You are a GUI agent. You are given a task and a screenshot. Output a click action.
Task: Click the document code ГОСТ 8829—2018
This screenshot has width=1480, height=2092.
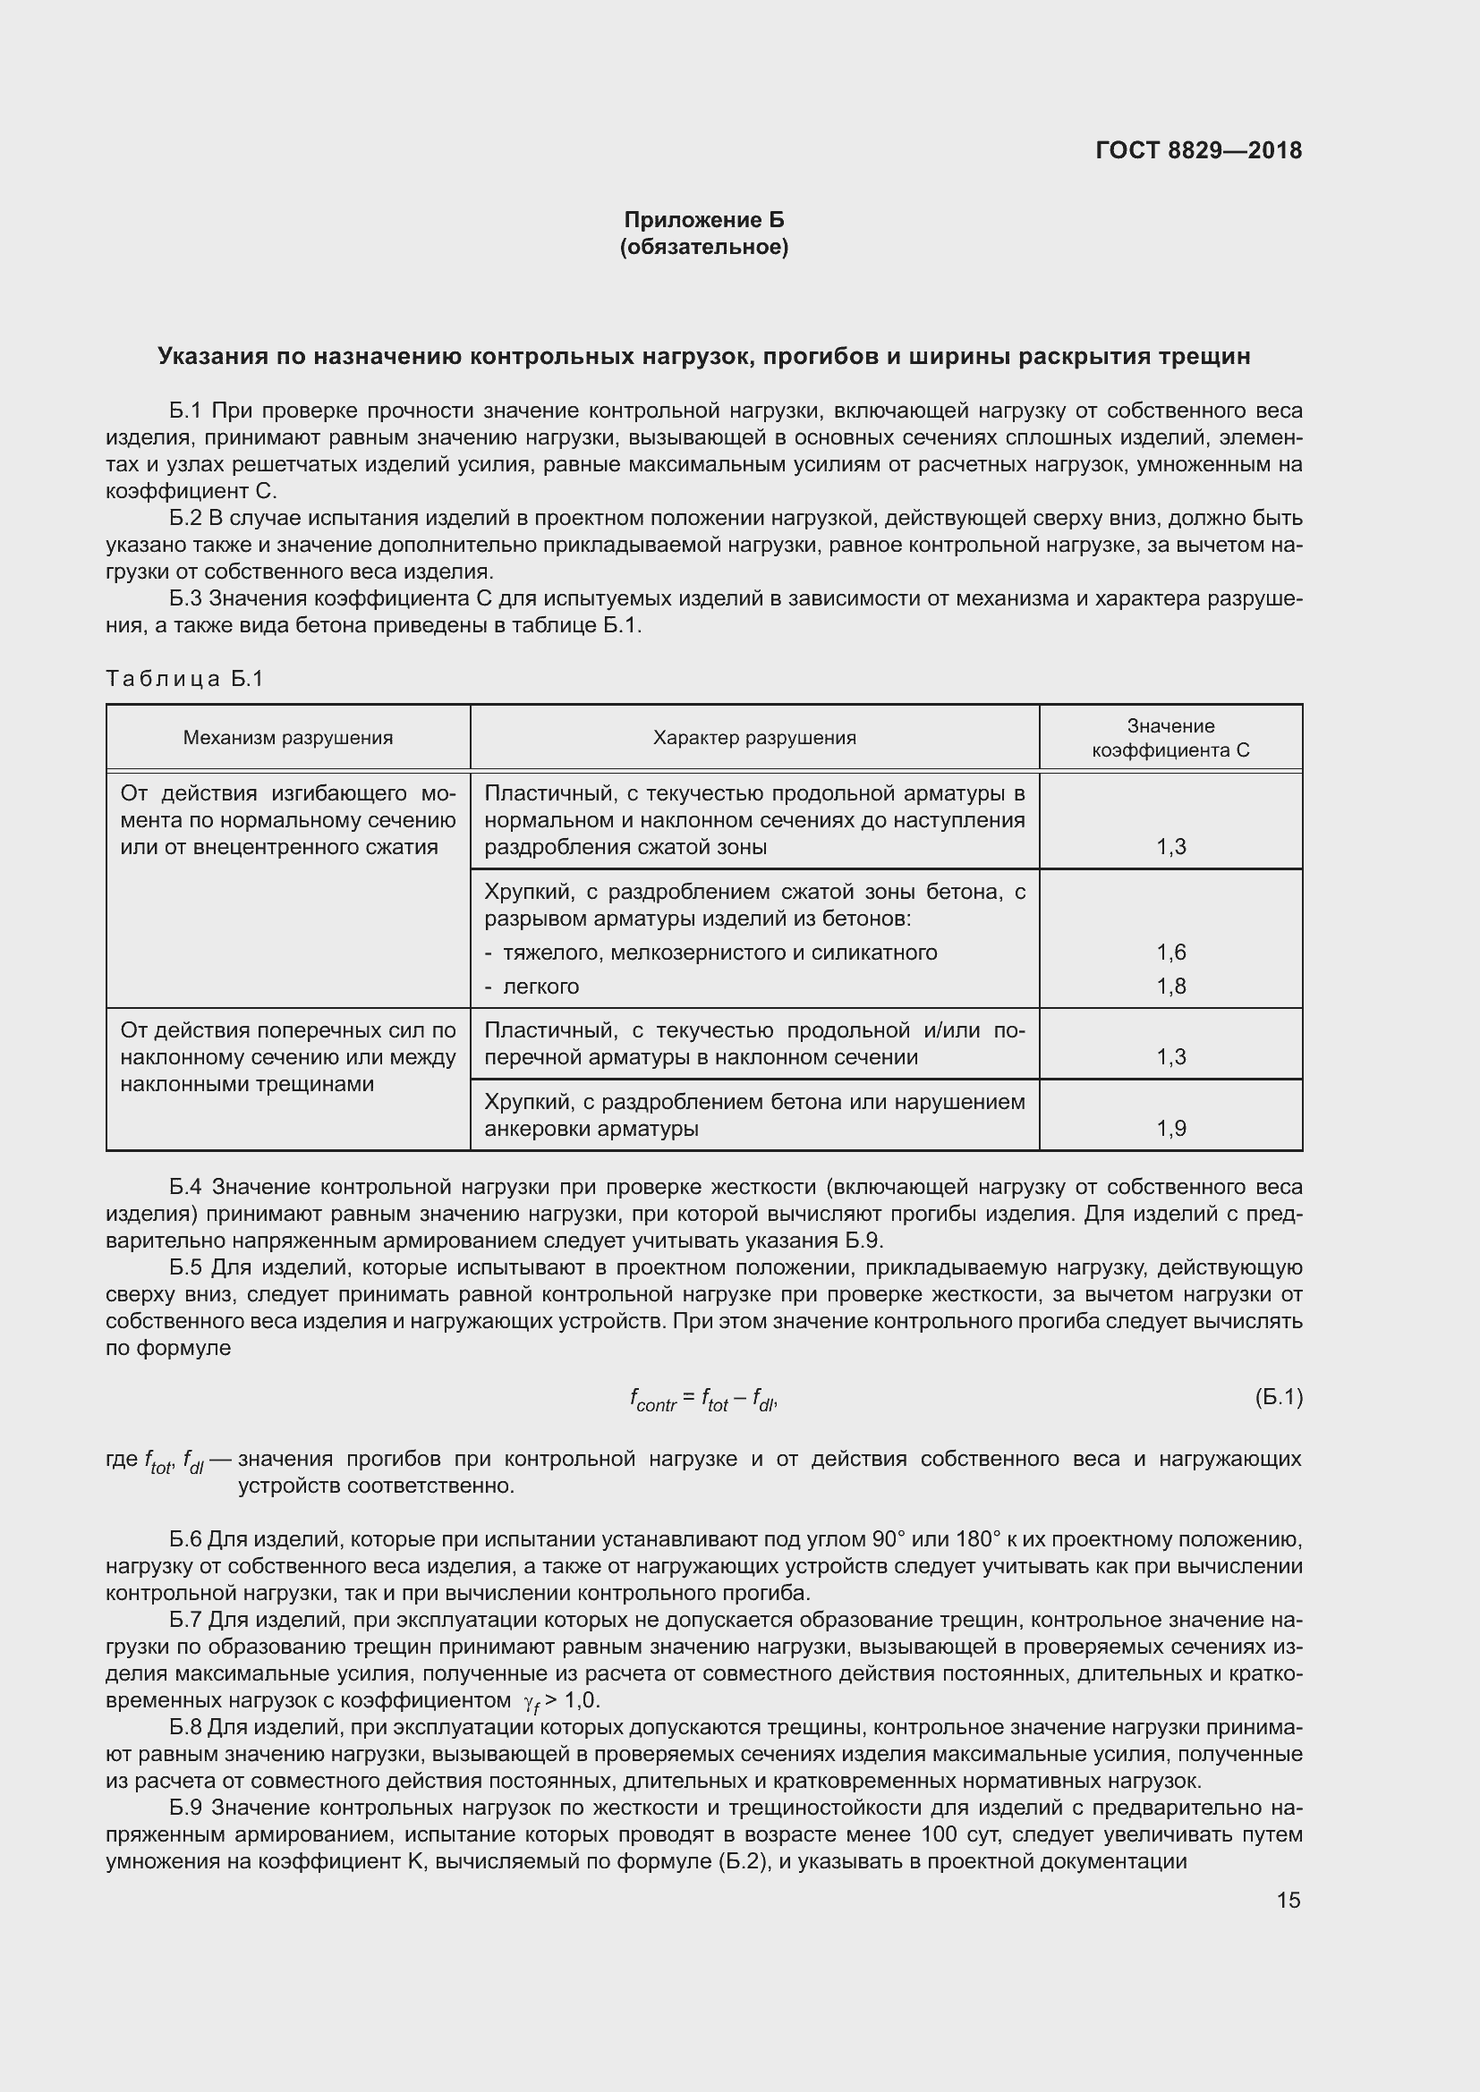coord(1197,150)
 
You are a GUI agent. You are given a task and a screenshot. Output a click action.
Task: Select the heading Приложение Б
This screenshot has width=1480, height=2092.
coord(703,220)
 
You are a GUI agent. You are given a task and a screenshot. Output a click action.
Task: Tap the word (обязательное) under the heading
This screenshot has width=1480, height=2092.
coord(703,247)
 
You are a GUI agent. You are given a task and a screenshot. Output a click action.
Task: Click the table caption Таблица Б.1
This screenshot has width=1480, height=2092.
coord(184,679)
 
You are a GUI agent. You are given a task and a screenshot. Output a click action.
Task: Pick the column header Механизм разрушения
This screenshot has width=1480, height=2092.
coord(288,738)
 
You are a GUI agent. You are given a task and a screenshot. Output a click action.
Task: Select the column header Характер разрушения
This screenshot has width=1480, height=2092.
coord(753,738)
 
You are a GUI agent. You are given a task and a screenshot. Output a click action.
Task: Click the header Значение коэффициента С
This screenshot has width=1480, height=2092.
coord(1170,738)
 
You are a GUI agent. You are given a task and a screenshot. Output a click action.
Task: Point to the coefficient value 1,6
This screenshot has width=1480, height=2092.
coord(1171,953)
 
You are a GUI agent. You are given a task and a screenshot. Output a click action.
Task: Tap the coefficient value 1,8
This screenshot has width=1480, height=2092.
coord(1171,987)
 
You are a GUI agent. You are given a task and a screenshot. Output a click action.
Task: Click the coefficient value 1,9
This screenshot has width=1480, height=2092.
coord(1171,1129)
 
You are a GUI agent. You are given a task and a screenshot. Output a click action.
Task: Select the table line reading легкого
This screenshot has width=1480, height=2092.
coord(540,987)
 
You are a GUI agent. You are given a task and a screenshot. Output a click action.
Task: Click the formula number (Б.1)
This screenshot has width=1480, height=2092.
coord(1278,1397)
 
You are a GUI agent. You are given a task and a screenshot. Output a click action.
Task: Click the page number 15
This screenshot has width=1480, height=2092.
coord(1288,1900)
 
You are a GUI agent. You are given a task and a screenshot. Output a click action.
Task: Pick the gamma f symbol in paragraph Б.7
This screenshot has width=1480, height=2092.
coord(532,1702)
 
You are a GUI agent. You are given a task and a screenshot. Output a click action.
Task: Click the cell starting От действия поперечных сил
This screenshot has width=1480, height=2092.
coord(288,1057)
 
